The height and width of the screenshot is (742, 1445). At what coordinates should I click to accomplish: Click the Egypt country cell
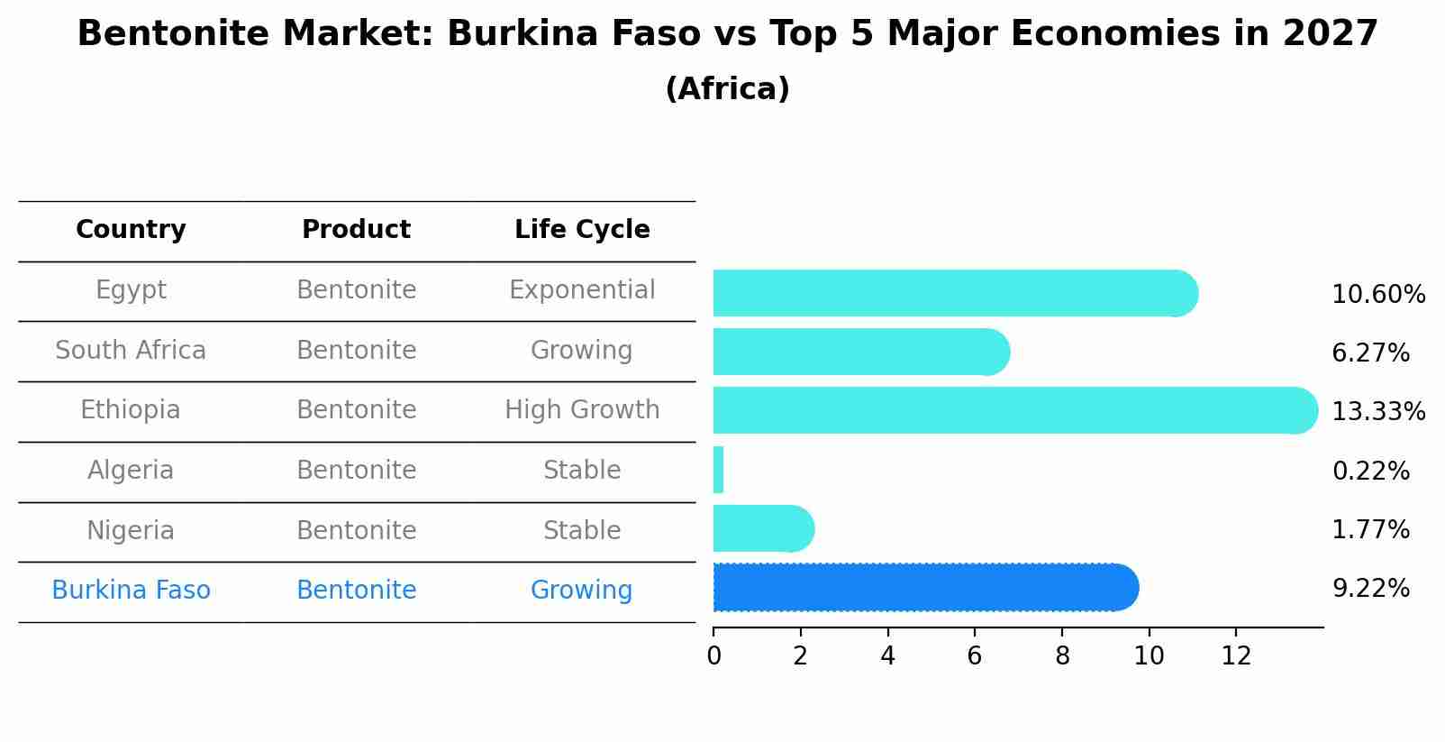tap(131, 290)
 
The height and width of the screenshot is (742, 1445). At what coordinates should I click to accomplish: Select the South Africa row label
tap(131, 351)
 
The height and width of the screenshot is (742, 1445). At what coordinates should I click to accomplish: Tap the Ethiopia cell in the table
tap(131, 410)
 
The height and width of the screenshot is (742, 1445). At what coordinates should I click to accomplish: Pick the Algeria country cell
tap(131, 471)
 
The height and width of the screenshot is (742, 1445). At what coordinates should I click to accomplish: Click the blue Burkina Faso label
tap(131, 591)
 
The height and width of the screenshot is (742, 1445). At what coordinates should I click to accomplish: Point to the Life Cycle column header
tap(582, 230)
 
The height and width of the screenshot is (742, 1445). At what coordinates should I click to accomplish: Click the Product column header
tap(356, 230)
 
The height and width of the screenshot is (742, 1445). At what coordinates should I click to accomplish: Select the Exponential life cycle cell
tap(582, 290)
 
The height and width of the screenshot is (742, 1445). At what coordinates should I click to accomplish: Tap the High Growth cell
tap(582, 410)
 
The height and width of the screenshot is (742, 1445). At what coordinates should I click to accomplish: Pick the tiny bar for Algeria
tap(718, 470)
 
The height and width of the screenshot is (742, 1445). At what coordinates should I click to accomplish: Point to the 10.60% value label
tap(1378, 295)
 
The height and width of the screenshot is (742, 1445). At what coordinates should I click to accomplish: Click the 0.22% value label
tap(1370, 472)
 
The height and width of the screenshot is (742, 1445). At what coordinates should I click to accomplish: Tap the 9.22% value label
tap(1370, 589)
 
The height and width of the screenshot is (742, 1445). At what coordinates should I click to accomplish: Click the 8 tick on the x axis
tap(1062, 656)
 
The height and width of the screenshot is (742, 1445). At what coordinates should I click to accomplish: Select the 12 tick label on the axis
tap(1236, 656)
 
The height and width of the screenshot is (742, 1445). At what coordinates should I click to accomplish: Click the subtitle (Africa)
tap(727, 89)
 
